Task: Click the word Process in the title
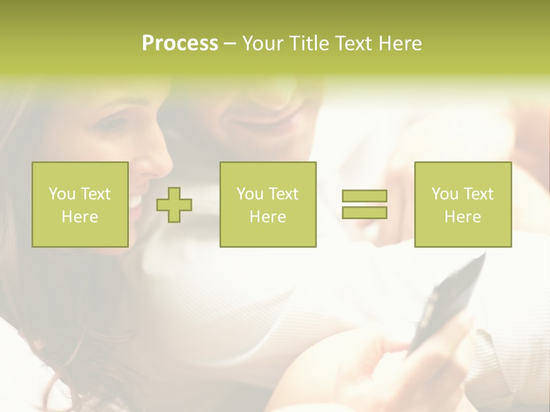point(180,43)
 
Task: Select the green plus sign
point(174,205)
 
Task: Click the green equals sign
point(364,204)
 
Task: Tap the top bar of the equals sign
point(364,196)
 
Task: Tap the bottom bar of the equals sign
point(364,212)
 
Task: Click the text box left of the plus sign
point(80,205)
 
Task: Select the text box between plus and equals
point(268,205)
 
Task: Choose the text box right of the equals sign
point(463,205)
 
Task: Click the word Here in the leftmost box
point(80,217)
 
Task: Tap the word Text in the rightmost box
point(478,194)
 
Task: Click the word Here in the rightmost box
point(463,217)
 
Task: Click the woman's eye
point(115,122)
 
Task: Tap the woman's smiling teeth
point(136,201)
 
